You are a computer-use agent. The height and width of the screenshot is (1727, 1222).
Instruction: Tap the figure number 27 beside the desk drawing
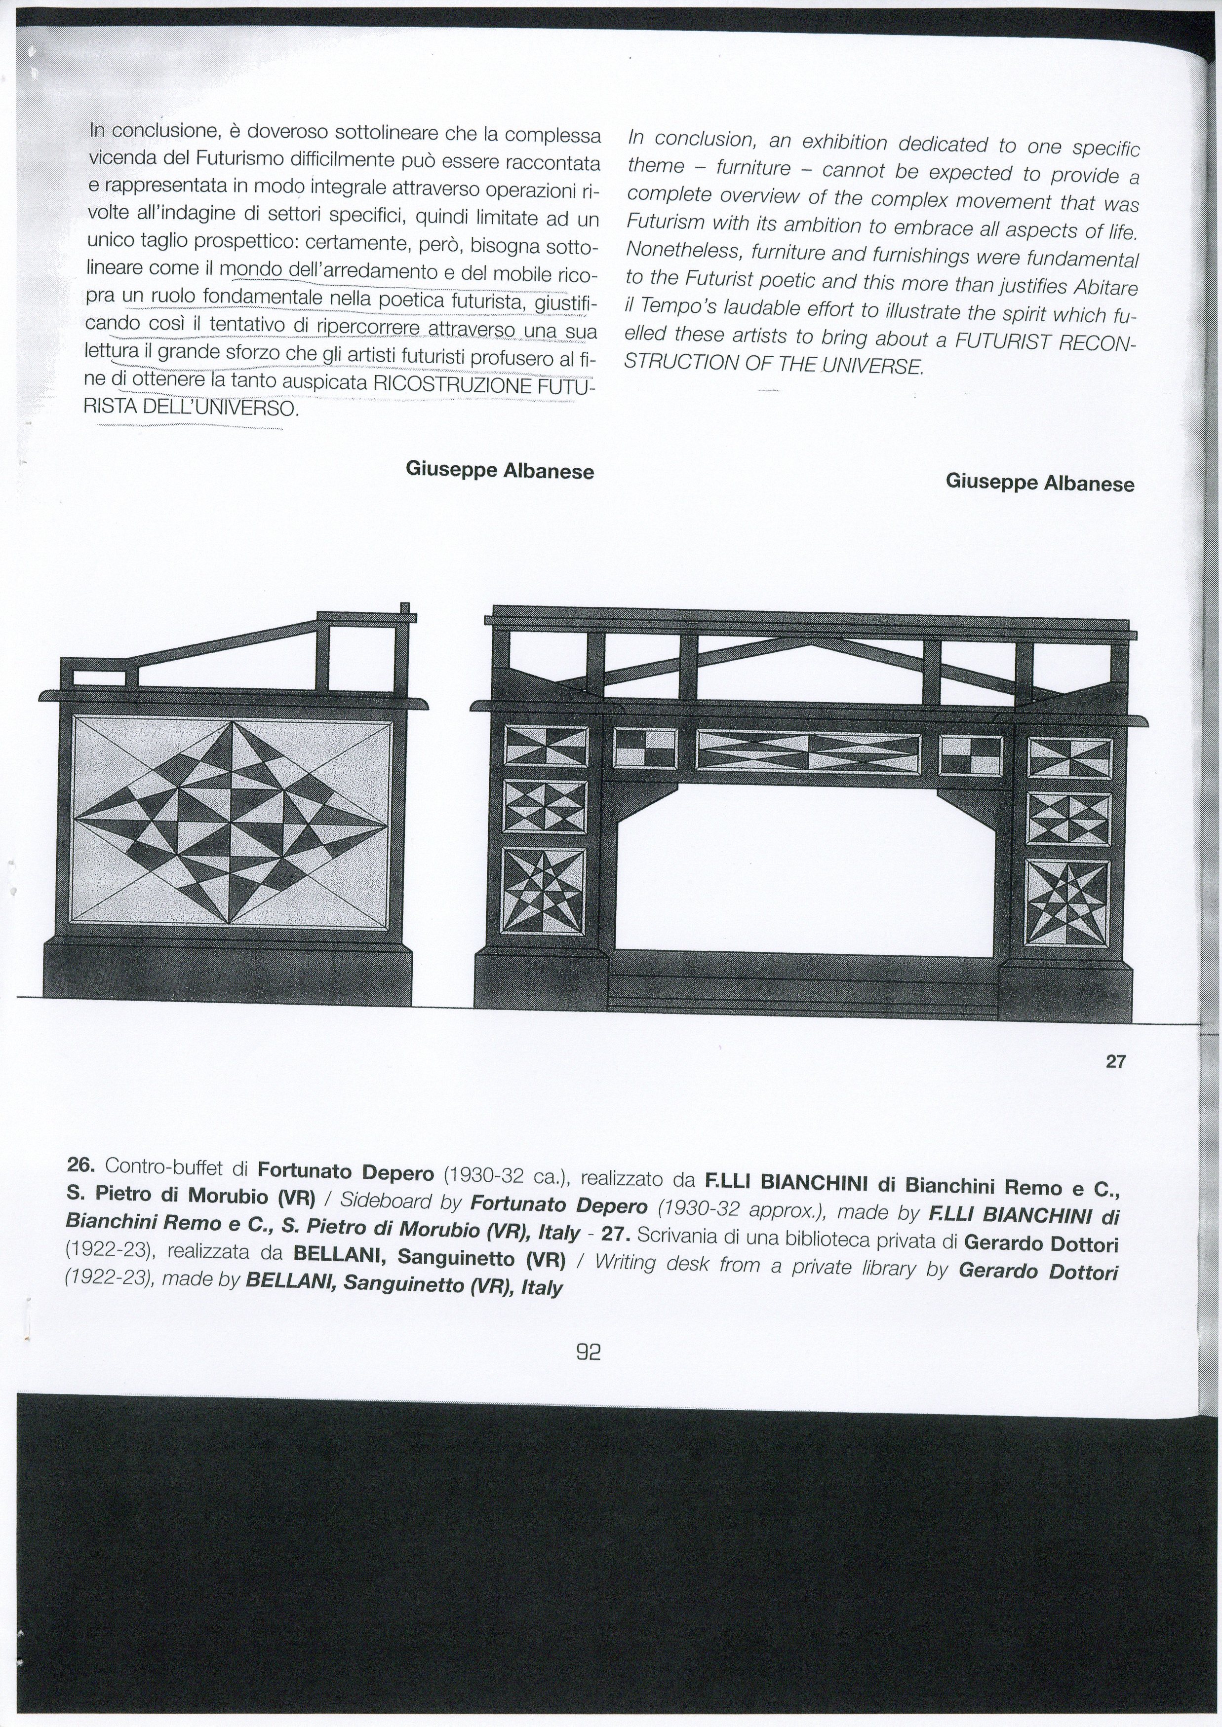click(x=1116, y=1061)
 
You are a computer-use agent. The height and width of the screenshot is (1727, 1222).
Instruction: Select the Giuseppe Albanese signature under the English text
click(x=1040, y=482)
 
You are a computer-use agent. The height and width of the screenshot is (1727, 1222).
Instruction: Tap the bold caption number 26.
click(x=80, y=1165)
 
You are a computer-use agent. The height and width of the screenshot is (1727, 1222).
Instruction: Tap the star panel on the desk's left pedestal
click(x=545, y=891)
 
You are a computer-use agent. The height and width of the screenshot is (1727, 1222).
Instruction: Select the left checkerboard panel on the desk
click(x=646, y=750)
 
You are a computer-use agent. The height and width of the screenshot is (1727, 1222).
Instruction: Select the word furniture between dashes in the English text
click(x=753, y=168)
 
